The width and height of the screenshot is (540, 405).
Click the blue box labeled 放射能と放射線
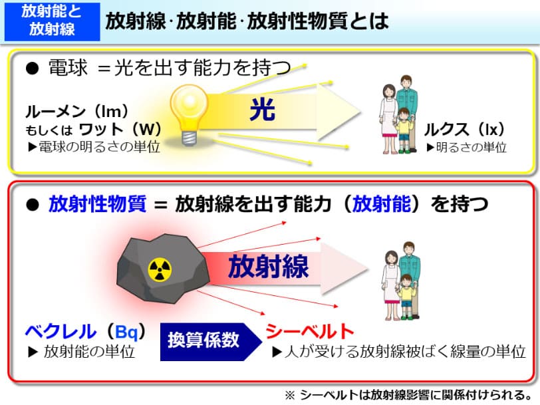tap(52, 22)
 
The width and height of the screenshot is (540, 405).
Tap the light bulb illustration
tap(189, 114)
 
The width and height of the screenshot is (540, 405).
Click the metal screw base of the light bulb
tap(189, 138)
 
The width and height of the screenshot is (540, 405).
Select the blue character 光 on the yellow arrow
tap(263, 110)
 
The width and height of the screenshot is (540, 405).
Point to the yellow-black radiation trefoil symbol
tap(160, 269)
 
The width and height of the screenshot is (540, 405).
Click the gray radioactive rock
tap(162, 269)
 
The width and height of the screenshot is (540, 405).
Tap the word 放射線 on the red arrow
tap(268, 266)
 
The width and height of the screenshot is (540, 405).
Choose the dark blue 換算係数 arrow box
tap(211, 342)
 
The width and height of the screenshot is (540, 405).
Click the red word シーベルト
tap(310, 331)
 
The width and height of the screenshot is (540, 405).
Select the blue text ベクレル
tap(61, 332)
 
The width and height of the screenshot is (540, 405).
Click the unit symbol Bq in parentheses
tap(126, 332)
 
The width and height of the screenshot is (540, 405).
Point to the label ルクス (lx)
tap(464, 130)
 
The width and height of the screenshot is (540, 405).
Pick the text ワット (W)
tap(120, 129)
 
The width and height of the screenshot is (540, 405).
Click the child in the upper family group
tap(404, 130)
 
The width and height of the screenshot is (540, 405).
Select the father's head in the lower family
tap(409, 248)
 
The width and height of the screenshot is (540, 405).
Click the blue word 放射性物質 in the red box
tap(98, 203)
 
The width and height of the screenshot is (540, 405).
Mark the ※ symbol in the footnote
tap(290, 394)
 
